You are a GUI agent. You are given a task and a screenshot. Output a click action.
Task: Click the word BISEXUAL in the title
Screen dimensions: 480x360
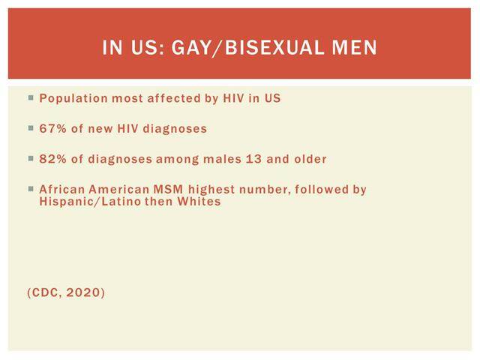274,47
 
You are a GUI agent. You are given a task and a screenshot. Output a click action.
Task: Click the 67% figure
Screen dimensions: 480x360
52,128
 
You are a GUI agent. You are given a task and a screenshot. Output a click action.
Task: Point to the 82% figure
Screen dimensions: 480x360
52,159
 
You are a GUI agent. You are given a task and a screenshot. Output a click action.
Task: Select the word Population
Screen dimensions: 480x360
73,98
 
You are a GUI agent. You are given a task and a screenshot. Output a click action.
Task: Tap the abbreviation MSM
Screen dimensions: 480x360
168,189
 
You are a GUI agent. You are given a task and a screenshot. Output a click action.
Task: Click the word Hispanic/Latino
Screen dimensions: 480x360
90,202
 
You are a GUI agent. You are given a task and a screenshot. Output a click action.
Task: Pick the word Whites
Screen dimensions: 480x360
199,202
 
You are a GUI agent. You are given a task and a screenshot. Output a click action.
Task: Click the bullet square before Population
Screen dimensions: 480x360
31,98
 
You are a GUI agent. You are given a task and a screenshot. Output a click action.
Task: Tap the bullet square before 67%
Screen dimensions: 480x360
31,128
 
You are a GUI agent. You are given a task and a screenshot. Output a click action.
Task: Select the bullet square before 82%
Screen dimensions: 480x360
31,158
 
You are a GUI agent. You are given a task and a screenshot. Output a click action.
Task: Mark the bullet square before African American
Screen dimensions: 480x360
31,189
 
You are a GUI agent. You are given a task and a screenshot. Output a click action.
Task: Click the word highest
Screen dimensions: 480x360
211,190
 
